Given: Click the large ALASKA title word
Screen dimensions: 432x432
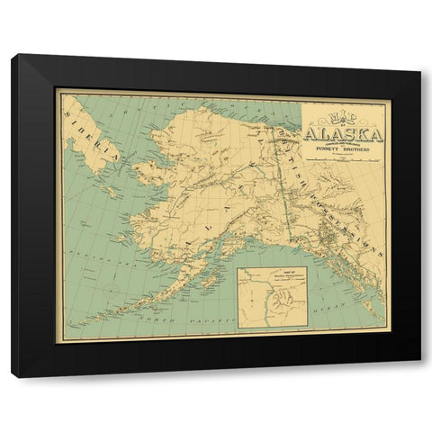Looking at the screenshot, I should click(x=344, y=135).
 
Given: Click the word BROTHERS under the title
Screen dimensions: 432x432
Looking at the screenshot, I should click(x=362, y=150).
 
